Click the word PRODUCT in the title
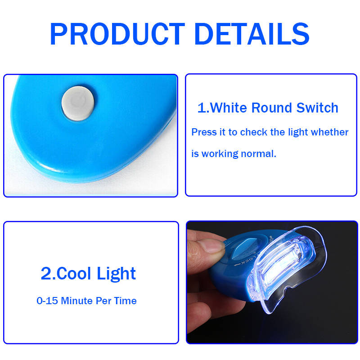pyautogui.click(x=117, y=34)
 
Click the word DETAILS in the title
pyautogui.click(x=252, y=34)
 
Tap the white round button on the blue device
pyautogui.click(x=78, y=103)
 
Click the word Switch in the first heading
pyautogui.click(x=317, y=108)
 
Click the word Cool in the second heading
pyautogui.click(x=73, y=274)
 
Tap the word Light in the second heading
pyautogui.click(x=116, y=274)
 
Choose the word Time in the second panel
pyautogui.click(x=125, y=301)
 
